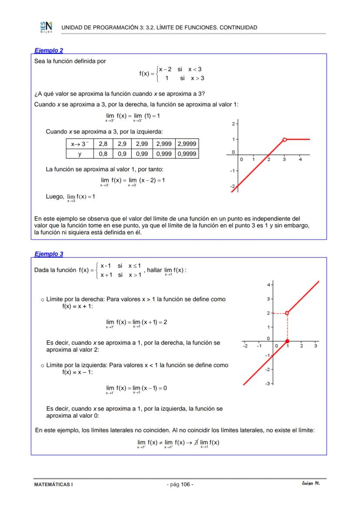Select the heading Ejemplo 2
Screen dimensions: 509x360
(x=49, y=50)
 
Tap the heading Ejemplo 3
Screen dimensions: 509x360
(x=49, y=254)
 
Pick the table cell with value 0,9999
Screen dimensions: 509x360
(x=187, y=153)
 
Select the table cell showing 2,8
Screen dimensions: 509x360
(x=103, y=143)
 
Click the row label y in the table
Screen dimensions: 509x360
(x=80, y=153)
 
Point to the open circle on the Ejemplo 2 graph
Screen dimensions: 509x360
(x=284, y=140)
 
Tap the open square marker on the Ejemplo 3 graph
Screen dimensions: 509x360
(x=287, y=313)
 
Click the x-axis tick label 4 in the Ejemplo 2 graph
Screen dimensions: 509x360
(x=300, y=160)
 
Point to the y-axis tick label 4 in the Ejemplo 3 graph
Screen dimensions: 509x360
(x=269, y=285)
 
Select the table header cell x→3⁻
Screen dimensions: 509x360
(x=80, y=143)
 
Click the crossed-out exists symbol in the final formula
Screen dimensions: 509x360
(x=197, y=442)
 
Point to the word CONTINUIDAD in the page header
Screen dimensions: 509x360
(x=238, y=27)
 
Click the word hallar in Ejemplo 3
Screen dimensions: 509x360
(x=154, y=270)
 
